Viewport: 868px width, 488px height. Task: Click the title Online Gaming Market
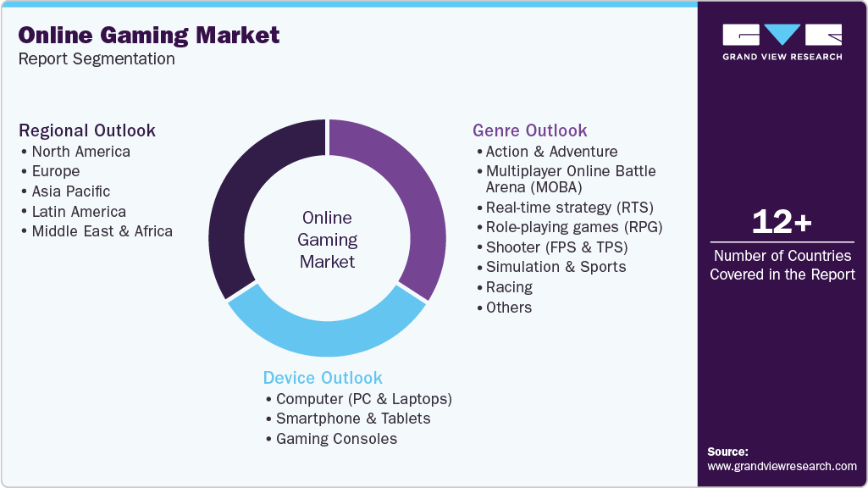[x=149, y=35]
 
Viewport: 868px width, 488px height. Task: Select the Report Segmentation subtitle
[x=97, y=58]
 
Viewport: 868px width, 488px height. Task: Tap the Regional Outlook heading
[x=87, y=130]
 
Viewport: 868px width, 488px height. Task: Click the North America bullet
[x=80, y=152]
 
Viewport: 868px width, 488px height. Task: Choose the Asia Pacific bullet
[x=70, y=191]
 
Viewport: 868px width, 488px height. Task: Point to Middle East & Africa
[x=102, y=231]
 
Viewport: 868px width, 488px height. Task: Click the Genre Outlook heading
[x=529, y=130]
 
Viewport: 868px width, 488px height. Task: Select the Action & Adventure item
[x=551, y=152]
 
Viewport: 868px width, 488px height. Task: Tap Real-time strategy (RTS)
[x=569, y=207]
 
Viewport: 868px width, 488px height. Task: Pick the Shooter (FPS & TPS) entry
[x=556, y=247]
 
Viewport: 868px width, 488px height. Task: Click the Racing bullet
[x=509, y=287]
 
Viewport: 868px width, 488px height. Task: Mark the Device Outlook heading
[x=323, y=378]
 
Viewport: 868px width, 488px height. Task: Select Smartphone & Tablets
[x=352, y=419]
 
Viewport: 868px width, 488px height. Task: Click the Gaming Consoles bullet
[x=336, y=439]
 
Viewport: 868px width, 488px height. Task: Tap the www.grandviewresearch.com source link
[x=782, y=466]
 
